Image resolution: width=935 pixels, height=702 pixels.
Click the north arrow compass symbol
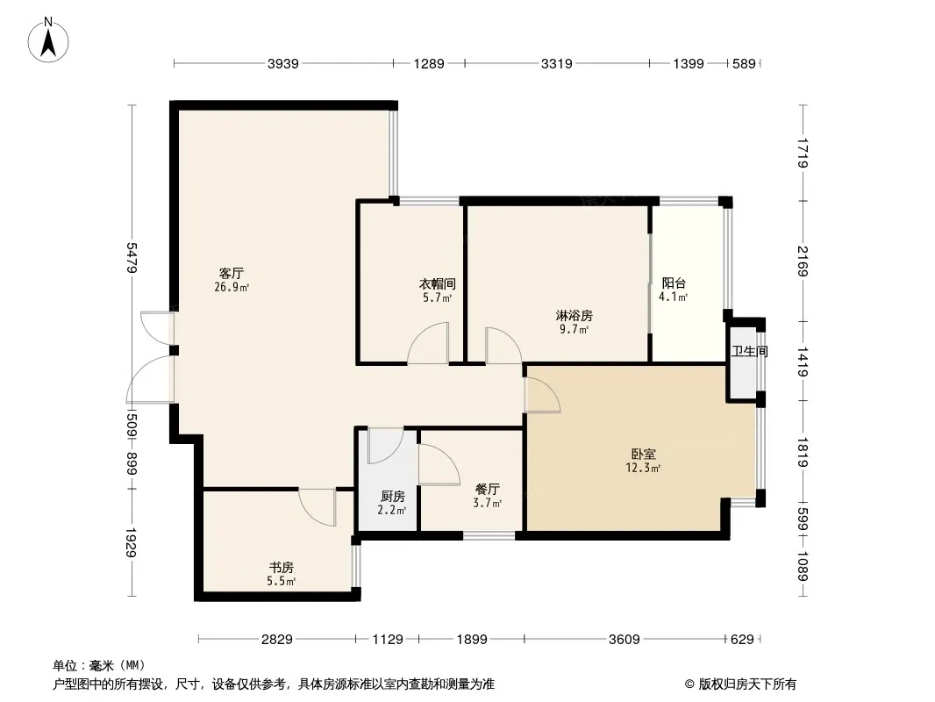[48, 39]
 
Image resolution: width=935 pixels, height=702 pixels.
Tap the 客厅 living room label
[232, 274]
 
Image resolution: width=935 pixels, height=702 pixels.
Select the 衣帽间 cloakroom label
[438, 284]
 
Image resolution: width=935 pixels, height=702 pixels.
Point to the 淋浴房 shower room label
[575, 316]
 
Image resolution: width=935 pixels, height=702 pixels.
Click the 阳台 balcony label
[674, 283]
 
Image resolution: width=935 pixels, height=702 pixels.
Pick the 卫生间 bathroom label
[750, 351]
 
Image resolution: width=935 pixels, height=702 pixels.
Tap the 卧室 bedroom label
[644, 455]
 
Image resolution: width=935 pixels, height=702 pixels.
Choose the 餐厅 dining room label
[487, 490]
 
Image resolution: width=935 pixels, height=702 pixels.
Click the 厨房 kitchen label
[392, 497]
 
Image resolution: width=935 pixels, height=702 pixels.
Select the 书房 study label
[281, 567]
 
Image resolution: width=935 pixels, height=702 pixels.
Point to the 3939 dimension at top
[282, 63]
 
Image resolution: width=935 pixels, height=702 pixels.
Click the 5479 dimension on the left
[132, 258]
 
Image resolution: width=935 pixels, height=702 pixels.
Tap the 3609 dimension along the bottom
[624, 640]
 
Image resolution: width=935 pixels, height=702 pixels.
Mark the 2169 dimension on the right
[803, 261]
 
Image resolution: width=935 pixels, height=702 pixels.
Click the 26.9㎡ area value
[232, 288]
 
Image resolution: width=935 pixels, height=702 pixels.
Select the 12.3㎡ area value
[643, 469]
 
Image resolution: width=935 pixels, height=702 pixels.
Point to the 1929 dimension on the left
[132, 542]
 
